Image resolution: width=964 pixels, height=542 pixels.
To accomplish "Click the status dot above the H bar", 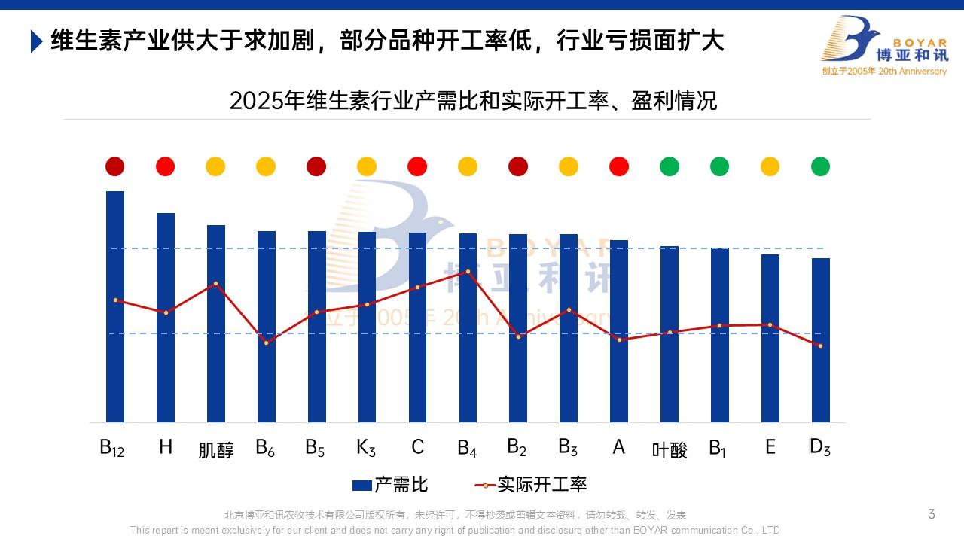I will click(x=165, y=166).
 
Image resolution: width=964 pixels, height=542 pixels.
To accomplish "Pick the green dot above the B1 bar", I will click(x=719, y=166).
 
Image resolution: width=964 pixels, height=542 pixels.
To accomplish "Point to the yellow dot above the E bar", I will click(x=770, y=166).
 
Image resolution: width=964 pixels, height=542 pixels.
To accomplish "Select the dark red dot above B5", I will click(x=316, y=166).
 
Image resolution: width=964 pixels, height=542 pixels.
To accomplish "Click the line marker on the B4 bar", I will click(x=468, y=271).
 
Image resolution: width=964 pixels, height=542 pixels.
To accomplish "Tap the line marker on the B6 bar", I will click(x=266, y=343).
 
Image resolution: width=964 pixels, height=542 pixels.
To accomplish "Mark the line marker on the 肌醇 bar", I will click(x=215, y=284).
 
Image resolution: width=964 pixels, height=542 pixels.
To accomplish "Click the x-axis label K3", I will click(x=366, y=448).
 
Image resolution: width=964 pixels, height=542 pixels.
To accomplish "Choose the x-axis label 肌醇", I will click(x=216, y=450).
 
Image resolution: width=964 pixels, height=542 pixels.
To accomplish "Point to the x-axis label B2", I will click(x=517, y=448).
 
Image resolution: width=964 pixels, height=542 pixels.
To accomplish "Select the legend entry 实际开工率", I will click(x=531, y=485).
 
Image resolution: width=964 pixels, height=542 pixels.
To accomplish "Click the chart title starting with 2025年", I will click(x=473, y=101).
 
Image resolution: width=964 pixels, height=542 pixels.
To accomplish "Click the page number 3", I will click(x=932, y=515).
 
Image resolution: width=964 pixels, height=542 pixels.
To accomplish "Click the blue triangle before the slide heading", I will click(x=36, y=41).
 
